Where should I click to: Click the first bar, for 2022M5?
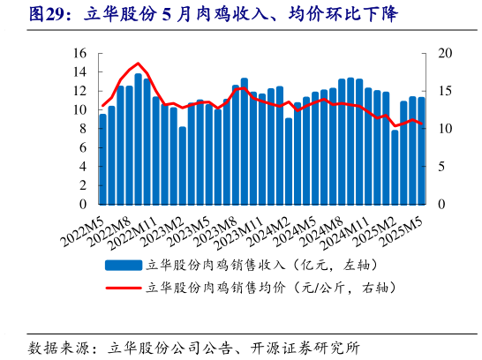[102, 159]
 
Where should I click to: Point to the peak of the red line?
[138, 64]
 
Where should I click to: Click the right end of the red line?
[421, 124]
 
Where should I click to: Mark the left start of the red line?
[102, 106]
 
